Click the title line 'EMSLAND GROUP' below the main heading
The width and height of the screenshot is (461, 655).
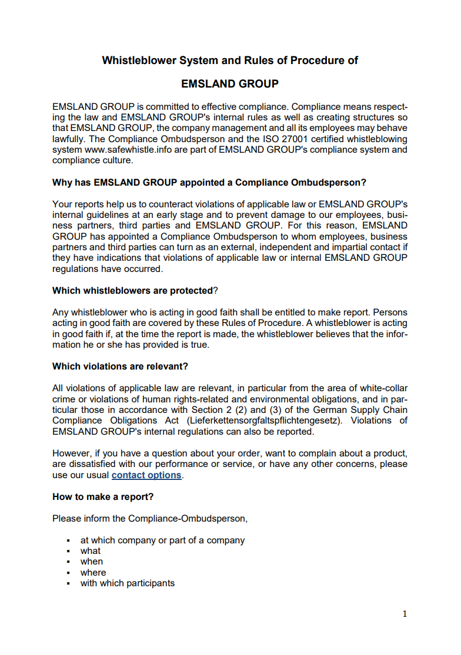230,84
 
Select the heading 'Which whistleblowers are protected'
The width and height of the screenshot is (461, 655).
132,291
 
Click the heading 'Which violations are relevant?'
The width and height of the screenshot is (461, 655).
120,367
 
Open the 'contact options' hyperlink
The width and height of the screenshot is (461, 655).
146,475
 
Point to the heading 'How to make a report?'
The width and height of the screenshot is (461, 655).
103,497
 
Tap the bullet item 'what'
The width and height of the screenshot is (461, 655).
91,551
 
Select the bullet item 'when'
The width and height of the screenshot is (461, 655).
92,562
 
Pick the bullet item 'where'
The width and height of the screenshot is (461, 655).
93,573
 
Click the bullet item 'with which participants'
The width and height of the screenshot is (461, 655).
128,583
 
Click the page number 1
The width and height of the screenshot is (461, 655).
405,614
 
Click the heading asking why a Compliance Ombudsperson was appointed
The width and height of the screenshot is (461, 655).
209,183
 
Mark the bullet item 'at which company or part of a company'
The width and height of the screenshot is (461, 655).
162,540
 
